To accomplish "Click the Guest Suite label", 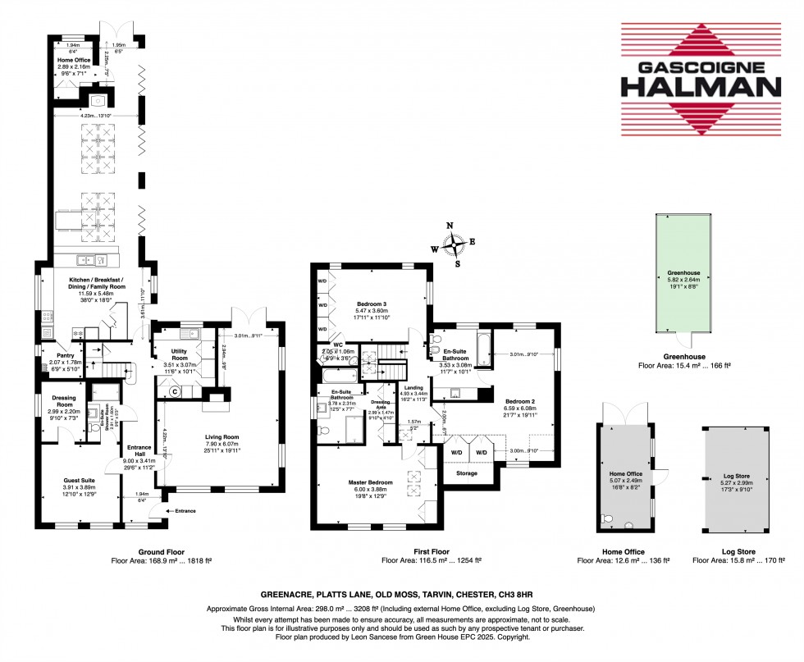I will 80,482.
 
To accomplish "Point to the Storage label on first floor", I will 468,472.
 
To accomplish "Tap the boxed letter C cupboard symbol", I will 174,392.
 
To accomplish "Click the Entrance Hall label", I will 135,447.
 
